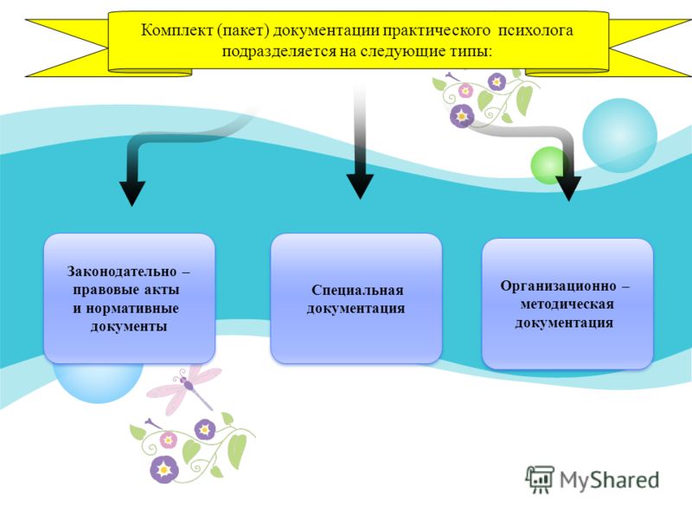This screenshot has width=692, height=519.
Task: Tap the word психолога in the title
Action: point(535,30)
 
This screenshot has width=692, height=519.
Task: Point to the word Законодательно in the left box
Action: point(121,272)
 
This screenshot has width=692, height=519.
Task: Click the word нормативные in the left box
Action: point(132,308)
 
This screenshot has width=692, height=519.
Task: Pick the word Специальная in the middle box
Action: point(357,290)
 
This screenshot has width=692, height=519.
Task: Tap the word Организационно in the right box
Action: point(558,286)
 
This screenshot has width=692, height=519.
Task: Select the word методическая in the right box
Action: point(567,304)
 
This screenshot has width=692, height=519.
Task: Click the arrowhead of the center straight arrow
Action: point(360,186)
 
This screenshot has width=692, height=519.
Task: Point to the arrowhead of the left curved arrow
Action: point(132,193)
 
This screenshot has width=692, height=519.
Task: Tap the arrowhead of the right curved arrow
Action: point(568,189)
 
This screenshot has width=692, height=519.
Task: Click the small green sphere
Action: point(548,165)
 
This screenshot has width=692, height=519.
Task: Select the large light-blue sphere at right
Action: point(619,136)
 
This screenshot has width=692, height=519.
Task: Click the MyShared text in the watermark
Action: point(609,480)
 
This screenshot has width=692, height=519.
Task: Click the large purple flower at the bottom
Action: point(164,469)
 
